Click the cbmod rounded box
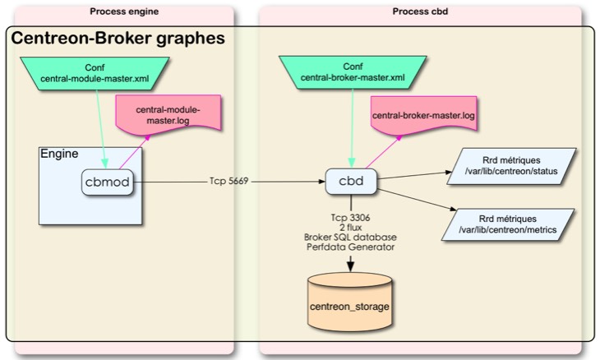tap(108, 182)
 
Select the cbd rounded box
tap(351, 180)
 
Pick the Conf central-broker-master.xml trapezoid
tap(352, 73)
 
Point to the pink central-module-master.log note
tap(167, 115)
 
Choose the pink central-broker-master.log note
tap(423, 116)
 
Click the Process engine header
tap(124, 12)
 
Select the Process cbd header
tap(420, 12)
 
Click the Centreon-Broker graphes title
tap(117, 39)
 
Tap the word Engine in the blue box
tap(59, 155)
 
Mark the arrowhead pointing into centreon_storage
tap(351, 265)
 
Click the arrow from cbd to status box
tap(411, 175)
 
